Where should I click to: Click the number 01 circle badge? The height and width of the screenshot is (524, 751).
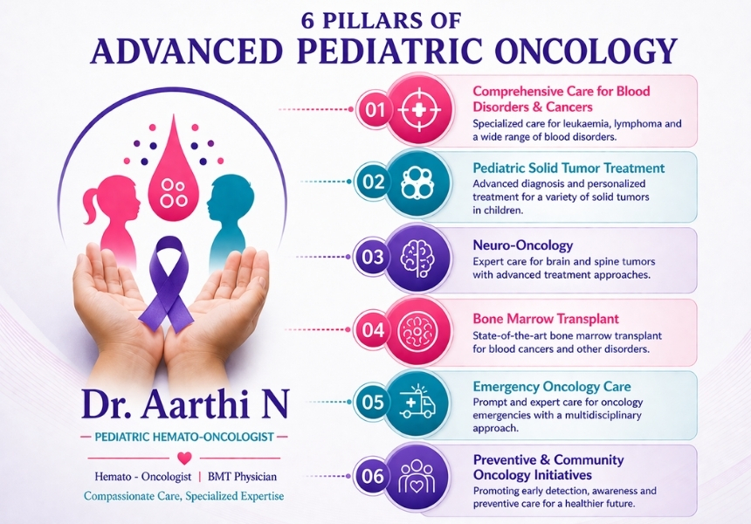tap(375, 110)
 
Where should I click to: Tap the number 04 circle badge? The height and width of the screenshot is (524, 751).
tap(373, 330)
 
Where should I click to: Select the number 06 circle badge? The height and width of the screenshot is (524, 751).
tap(373, 476)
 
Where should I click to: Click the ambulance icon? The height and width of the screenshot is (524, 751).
tap(417, 402)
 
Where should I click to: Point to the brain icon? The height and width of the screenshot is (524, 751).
tap(418, 258)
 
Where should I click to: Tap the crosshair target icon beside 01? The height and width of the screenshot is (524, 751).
tap(419, 110)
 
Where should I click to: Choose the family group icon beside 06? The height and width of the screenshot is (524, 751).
tap(417, 476)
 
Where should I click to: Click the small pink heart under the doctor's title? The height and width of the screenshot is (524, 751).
tap(184, 458)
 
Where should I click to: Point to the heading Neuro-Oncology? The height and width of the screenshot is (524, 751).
tap(522, 245)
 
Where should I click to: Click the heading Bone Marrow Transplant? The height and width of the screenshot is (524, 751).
tap(546, 319)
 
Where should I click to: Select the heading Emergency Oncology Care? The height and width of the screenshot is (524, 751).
tap(552, 386)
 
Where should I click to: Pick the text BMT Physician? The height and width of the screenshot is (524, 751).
tap(242, 477)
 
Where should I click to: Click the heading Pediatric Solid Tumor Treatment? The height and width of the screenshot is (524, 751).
tap(568, 169)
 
